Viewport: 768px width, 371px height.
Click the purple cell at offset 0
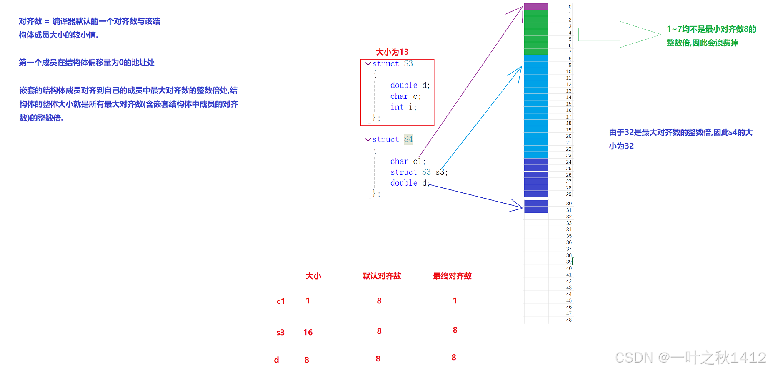pos(536,7)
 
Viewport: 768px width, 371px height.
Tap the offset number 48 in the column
pos(569,320)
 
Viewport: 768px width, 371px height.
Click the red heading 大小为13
pos(392,52)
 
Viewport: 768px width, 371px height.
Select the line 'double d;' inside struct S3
pos(410,85)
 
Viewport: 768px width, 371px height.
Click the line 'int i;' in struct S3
pos(403,107)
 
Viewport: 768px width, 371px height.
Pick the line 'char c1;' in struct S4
pos(408,162)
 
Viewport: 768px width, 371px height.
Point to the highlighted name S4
pos(408,139)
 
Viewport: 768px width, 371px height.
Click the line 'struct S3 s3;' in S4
pos(418,172)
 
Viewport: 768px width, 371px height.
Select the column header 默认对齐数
pos(382,276)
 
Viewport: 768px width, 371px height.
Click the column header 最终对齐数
pos(452,276)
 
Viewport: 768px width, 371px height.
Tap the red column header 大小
pos(313,276)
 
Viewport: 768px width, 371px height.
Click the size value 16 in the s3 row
pos(308,333)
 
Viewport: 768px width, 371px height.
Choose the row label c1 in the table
pos(281,301)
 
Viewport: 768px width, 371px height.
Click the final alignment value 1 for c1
pos(455,301)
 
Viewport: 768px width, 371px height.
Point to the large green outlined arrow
pos(619,35)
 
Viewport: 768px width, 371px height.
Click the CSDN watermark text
pos(690,358)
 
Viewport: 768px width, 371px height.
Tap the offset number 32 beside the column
pos(569,217)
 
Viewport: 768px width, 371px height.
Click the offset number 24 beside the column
pos(569,162)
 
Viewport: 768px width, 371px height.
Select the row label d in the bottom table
pos(276,360)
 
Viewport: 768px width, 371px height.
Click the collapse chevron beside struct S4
pos(368,139)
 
